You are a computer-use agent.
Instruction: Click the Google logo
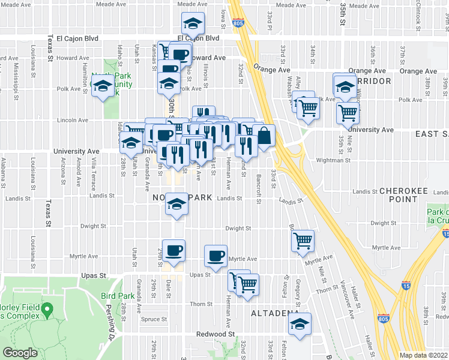pos(20,353)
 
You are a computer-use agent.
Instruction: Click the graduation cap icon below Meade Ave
pos(193,23)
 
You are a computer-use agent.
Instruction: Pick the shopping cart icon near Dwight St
pos(304,241)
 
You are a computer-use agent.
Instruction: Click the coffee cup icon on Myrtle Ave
pos(215,255)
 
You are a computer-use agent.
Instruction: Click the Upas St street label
pos(93,275)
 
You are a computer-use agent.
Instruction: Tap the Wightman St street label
pos(333,160)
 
